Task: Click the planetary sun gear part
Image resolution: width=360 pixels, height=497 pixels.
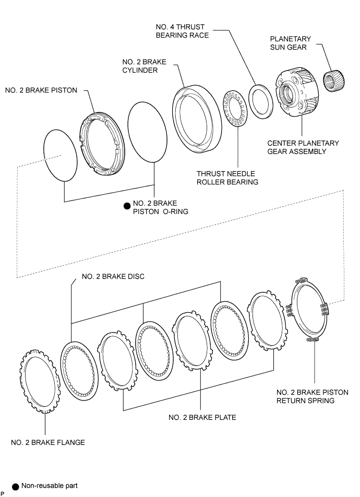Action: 334,81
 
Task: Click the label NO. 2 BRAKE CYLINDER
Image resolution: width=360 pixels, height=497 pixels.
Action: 144,66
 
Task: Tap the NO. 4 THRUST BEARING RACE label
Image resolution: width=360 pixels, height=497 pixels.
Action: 182,31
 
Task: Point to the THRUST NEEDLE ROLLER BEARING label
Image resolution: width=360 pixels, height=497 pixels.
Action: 227,178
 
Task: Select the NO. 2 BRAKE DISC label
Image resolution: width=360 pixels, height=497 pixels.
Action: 113,276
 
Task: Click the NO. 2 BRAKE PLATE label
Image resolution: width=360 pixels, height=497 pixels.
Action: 202,418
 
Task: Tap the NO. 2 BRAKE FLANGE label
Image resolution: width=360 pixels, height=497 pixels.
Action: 48,443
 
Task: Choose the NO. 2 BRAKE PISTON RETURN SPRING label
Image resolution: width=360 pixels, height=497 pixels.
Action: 312,397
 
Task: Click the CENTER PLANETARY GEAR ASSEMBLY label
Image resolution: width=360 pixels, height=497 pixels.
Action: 303,147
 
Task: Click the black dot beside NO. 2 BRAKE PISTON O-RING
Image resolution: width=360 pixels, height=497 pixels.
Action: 127,206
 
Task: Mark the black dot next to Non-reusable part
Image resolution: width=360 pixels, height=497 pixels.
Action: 15,487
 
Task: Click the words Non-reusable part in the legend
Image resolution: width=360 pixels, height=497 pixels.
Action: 50,486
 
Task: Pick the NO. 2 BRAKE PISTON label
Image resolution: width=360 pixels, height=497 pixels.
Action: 41,90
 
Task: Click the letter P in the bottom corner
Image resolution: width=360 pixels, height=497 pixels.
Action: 2,494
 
